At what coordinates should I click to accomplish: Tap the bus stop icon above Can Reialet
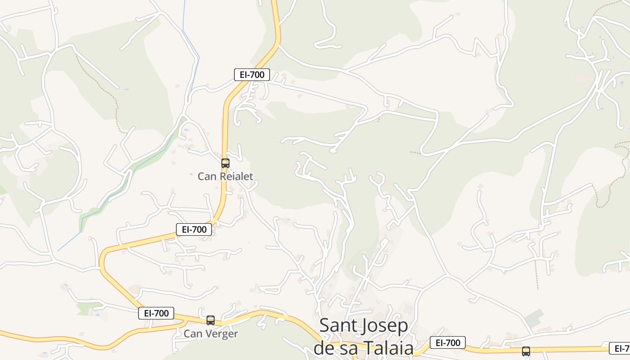pos(225,163)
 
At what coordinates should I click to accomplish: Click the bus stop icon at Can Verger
pos(210,320)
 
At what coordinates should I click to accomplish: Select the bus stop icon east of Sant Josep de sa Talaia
pos(526,351)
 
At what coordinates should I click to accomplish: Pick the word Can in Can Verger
pos(192,334)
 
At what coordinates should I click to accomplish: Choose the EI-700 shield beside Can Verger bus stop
pos(156,313)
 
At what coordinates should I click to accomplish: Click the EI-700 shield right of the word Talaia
pos(447,342)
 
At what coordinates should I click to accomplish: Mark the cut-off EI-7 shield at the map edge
pos(620,348)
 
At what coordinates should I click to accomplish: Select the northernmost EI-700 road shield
pos(252,75)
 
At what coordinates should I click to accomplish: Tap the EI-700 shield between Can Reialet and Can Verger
pos(193,229)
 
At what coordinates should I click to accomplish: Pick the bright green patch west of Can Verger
pos(88,308)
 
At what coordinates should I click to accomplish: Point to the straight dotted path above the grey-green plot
pos(536,275)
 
